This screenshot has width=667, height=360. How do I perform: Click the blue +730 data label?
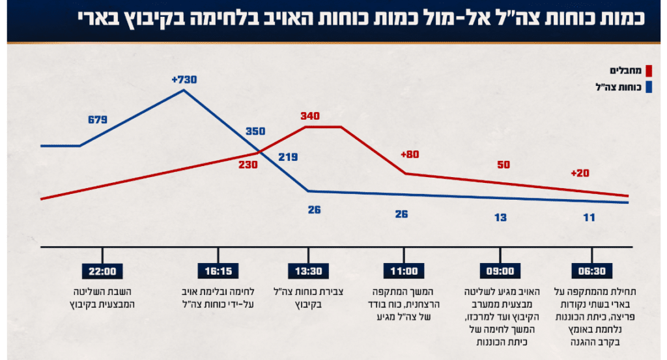(184, 79)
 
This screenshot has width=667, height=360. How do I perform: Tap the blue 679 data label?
(97, 120)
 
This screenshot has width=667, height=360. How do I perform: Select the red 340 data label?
(310, 116)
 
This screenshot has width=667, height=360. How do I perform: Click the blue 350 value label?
(255, 131)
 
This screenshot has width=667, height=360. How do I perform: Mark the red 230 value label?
(248, 165)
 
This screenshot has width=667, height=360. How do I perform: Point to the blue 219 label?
(287, 157)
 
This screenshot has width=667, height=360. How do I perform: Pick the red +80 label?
(410, 154)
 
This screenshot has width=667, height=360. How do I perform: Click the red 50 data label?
(504, 165)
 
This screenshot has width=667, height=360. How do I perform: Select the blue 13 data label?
(500, 217)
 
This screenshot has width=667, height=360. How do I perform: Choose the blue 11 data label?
(589, 217)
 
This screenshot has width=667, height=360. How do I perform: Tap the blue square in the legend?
(648, 87)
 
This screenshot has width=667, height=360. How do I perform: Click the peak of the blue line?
(184, 90)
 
